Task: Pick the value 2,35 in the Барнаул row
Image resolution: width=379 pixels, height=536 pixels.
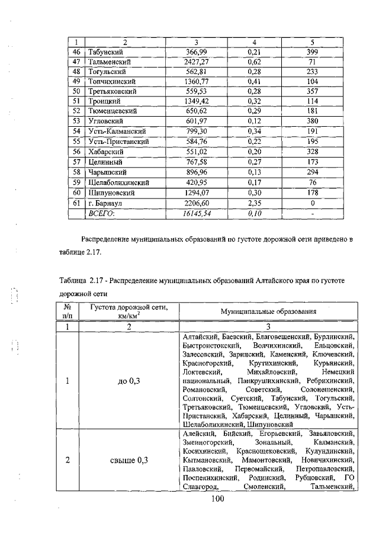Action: [x=255, y=203]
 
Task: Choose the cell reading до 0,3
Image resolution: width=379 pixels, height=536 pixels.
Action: [x=128, y=381]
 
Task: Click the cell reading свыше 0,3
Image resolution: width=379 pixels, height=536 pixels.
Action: [x=128, y=460]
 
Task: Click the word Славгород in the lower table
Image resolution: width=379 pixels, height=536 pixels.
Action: [x=201, y=487]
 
